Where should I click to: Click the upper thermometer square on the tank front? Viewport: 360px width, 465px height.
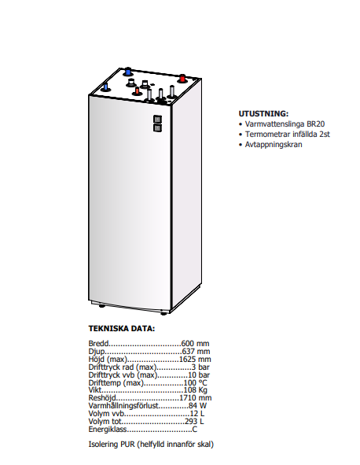pos(158,120)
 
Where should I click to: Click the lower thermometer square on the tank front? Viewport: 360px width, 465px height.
pos(158,127)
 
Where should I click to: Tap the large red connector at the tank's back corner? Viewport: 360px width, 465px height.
pos(182,79)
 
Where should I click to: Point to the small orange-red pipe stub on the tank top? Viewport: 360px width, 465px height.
pos(137,91)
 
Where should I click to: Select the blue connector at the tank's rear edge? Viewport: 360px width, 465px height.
pos(128,72)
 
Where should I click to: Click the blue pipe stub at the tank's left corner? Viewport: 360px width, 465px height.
pos(105,88)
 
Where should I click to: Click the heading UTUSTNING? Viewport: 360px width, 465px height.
pos(263,113)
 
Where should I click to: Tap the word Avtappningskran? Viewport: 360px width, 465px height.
pos(274,145)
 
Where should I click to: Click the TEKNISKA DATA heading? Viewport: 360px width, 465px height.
pos(122,329)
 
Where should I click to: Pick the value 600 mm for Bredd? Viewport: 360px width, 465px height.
pos(195,343)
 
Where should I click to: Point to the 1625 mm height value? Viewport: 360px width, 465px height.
pos(195,359)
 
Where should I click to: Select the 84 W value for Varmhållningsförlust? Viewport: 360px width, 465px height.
pos(197,406)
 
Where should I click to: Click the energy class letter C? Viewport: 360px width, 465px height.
pos(195,430)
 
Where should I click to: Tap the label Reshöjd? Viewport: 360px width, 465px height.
pos(102,398)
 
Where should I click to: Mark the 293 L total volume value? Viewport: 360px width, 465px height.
pos(194,422)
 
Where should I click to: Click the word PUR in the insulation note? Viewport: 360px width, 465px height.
pos(127,445)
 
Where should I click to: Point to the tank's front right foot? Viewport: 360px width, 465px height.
pos(163,313)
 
